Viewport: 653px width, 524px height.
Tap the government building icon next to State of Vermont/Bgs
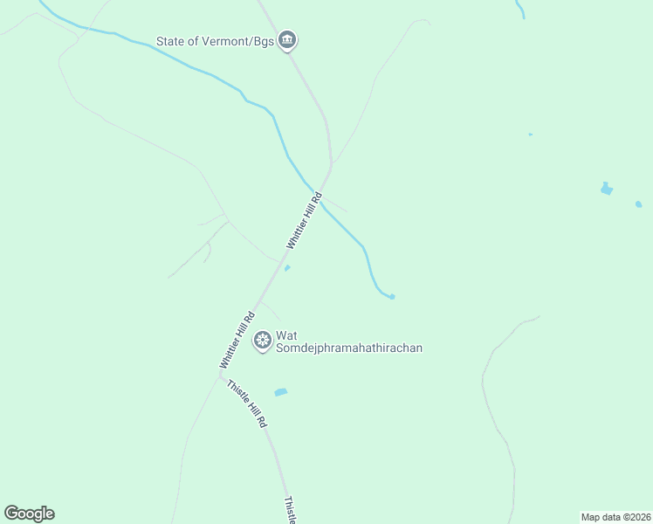[288, 40]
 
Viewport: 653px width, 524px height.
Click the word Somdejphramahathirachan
[349, 348]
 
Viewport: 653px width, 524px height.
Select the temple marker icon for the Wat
[261, 340]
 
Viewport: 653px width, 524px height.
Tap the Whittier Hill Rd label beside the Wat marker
[237, 340]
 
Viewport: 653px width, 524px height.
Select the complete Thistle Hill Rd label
[247, 403]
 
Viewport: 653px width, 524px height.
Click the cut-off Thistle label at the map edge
[291, 511]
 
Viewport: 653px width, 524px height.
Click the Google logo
[29, 514]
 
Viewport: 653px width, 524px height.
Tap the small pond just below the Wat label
[280, 392]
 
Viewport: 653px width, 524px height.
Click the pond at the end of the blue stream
[392, 297]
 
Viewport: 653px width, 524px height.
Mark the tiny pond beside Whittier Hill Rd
[287, 268]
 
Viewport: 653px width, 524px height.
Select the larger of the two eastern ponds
[607, 189]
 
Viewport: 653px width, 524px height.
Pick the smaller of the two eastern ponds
[638, 204]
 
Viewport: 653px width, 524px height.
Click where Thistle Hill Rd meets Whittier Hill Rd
[222, 376]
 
